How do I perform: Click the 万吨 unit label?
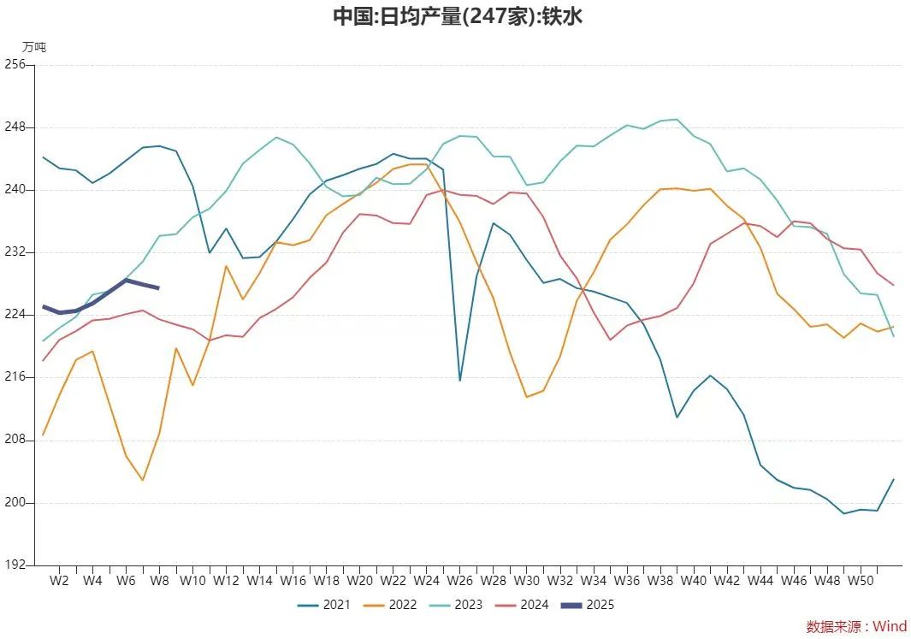click(x=34, y=47)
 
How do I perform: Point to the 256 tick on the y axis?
click(x=15, y=65)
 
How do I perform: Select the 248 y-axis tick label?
click(x=15, y=127)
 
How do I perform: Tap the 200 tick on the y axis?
click(x=15, y=503)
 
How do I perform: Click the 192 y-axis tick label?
click(x=15, y=565)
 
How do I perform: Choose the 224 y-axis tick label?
click(x=15, y=315)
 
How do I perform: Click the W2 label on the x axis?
click(x=59, y=581)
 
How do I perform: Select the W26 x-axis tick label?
click(x=459, y=581)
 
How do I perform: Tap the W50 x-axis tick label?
click(x=861, y=581)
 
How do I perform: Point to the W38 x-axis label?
click(x=660, y=581)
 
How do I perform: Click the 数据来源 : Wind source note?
click(x=855, y=627)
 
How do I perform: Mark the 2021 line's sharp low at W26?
click(x=460, y=381)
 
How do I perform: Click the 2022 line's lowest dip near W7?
click(x=142, y=480)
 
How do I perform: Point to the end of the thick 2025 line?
click(x=158, y=288)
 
